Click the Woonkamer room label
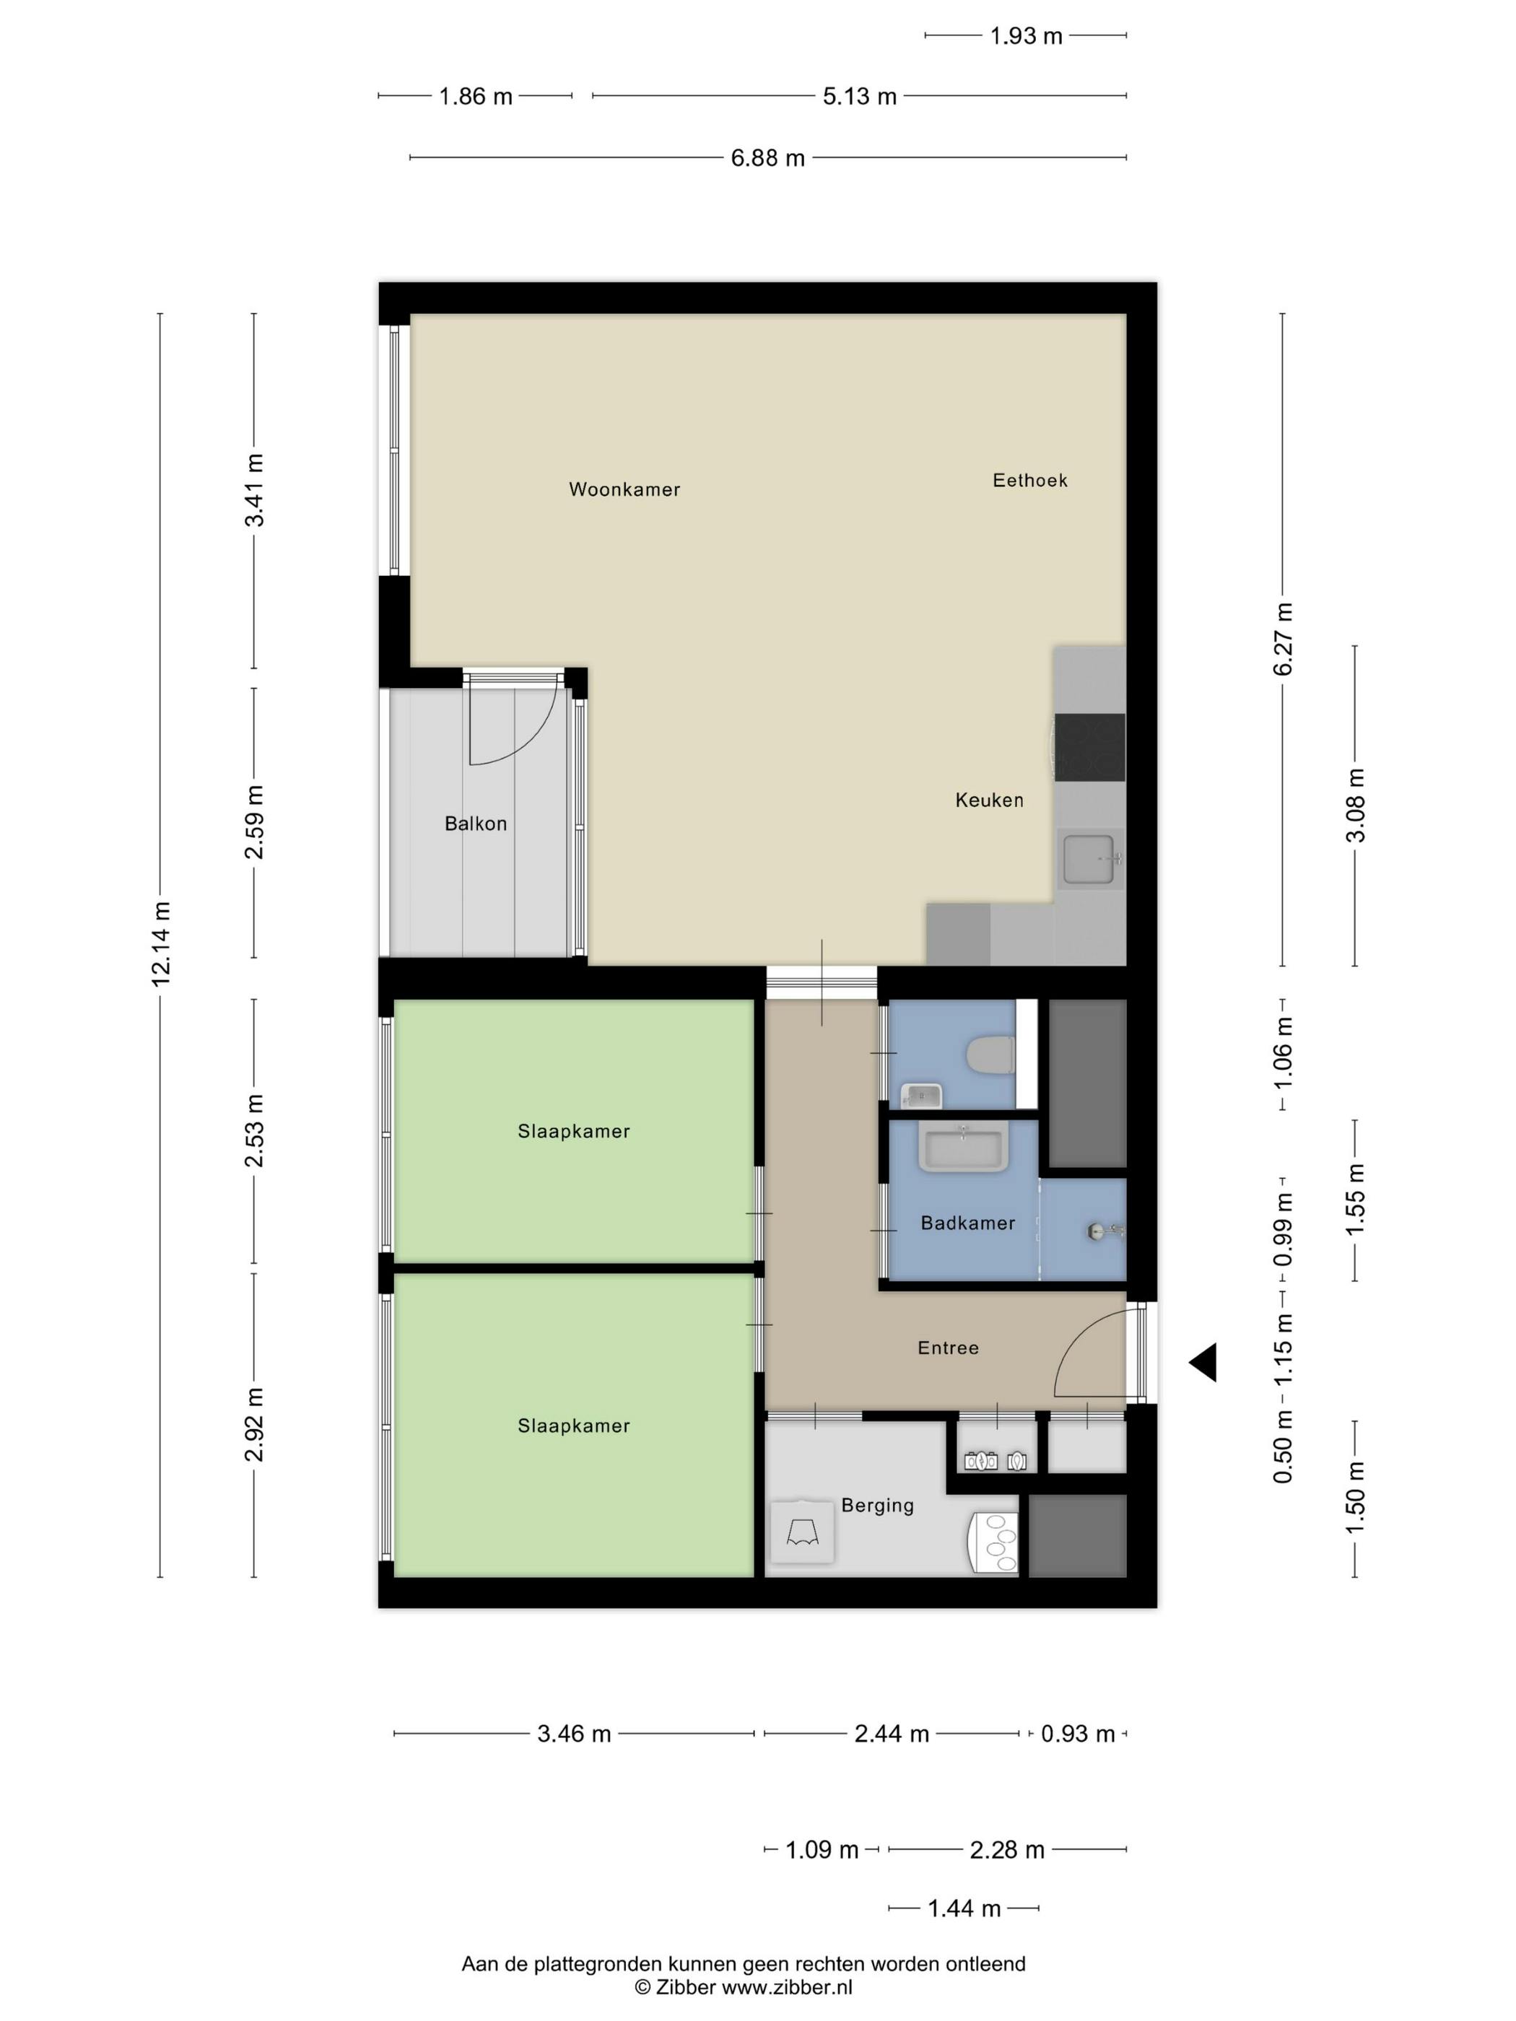pyautogui.click(x=624, y=489)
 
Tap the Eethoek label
pyautogui.click(x=1030, y=480)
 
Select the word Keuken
pyautogui.click(x=989, y=800)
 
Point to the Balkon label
pyautogui.click(x=475, y=824)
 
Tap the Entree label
pyautogui.click(x=948, y=1348)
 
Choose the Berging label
pyautogui.click(x=877, y=1505)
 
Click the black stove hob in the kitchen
pyautogui.click(x=1089, y=747)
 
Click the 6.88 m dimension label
pyautogui.click(x=767, y=158)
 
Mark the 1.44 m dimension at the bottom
pyautogui.click(x=964, y=1908)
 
